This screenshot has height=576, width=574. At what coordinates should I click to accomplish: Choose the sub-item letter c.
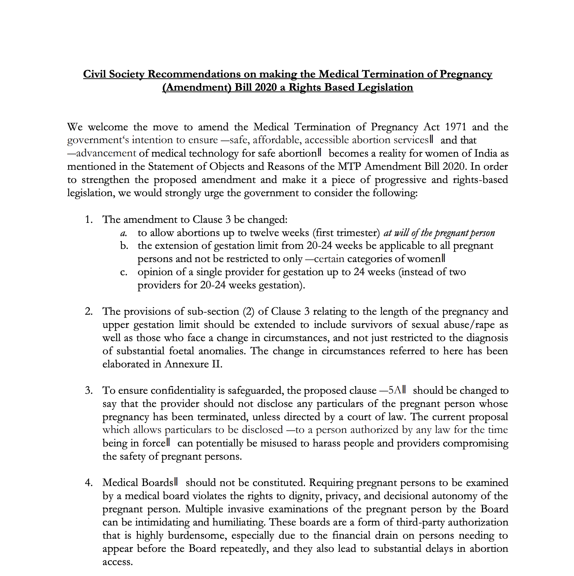click(x=124, y=272)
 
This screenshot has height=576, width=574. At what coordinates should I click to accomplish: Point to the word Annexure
click(x=185, y=364)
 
